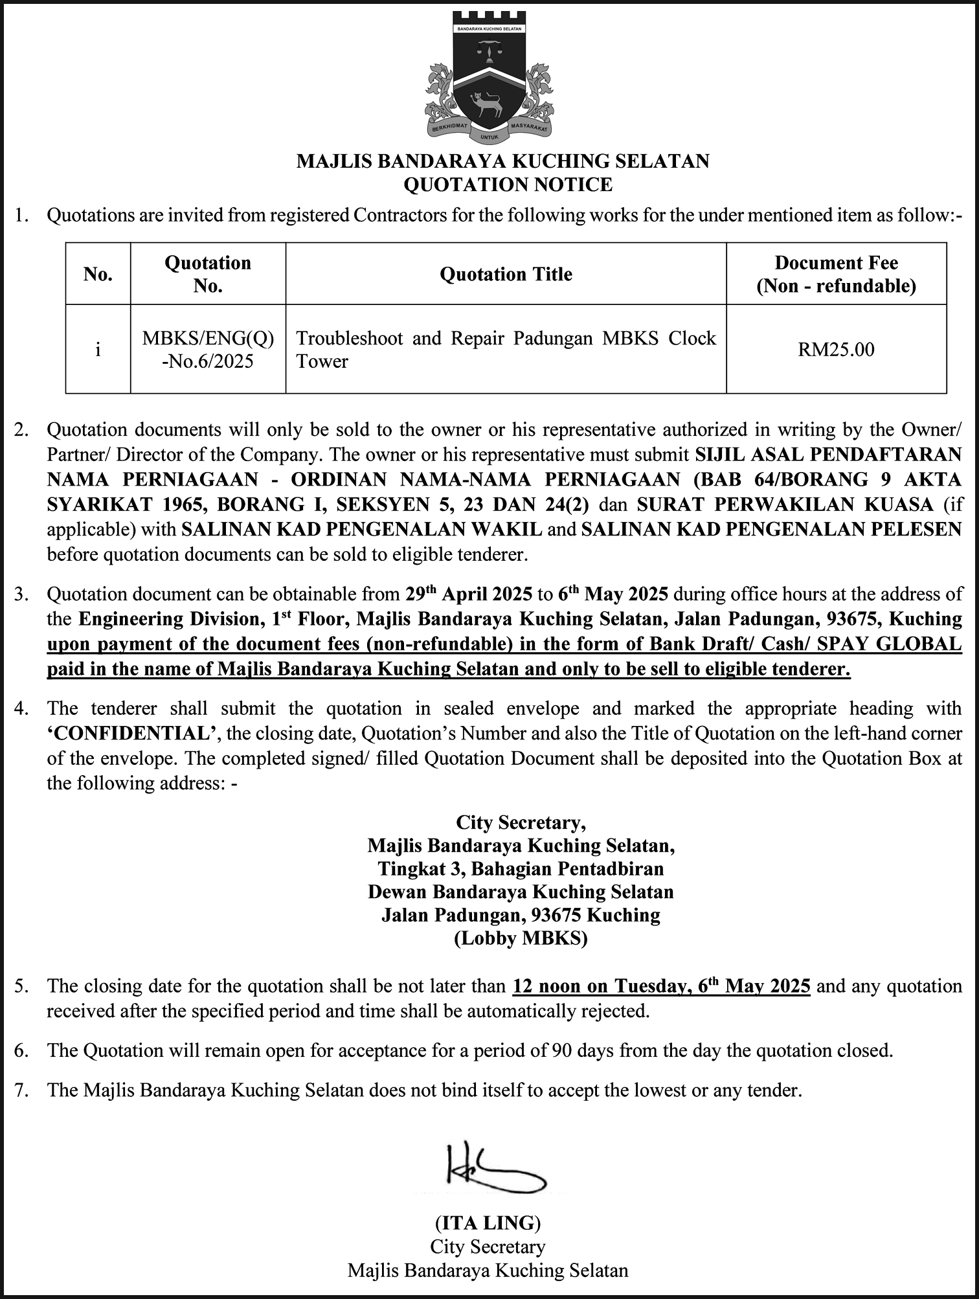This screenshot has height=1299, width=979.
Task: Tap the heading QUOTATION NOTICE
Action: click(508, 185)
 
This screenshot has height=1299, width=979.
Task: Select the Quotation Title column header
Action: click(506, 275)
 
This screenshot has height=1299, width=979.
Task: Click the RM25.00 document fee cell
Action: click(836, 350)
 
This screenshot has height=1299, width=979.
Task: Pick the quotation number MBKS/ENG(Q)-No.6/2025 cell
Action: click(208, 350)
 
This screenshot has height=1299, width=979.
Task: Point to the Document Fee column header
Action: click(836, 275)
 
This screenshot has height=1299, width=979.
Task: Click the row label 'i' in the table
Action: click(98, 350)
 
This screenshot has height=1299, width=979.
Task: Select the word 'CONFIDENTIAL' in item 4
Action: click(135, 734)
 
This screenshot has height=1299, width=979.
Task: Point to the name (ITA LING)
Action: click(488, 1223)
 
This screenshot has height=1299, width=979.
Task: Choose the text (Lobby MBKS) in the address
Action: click(521, 938)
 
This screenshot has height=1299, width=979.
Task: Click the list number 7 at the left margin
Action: click(22, 1090)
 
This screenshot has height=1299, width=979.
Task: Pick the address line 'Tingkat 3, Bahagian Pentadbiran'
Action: click(521, 868)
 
